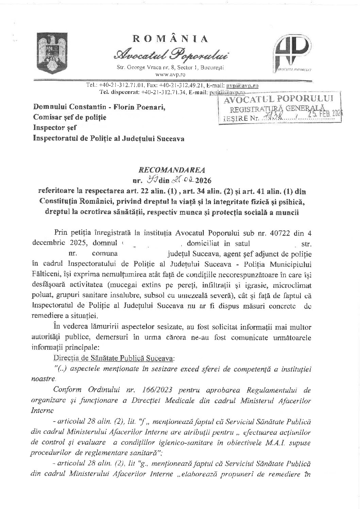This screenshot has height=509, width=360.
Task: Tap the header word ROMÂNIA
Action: pyautogui.click(x=170, y=39)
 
